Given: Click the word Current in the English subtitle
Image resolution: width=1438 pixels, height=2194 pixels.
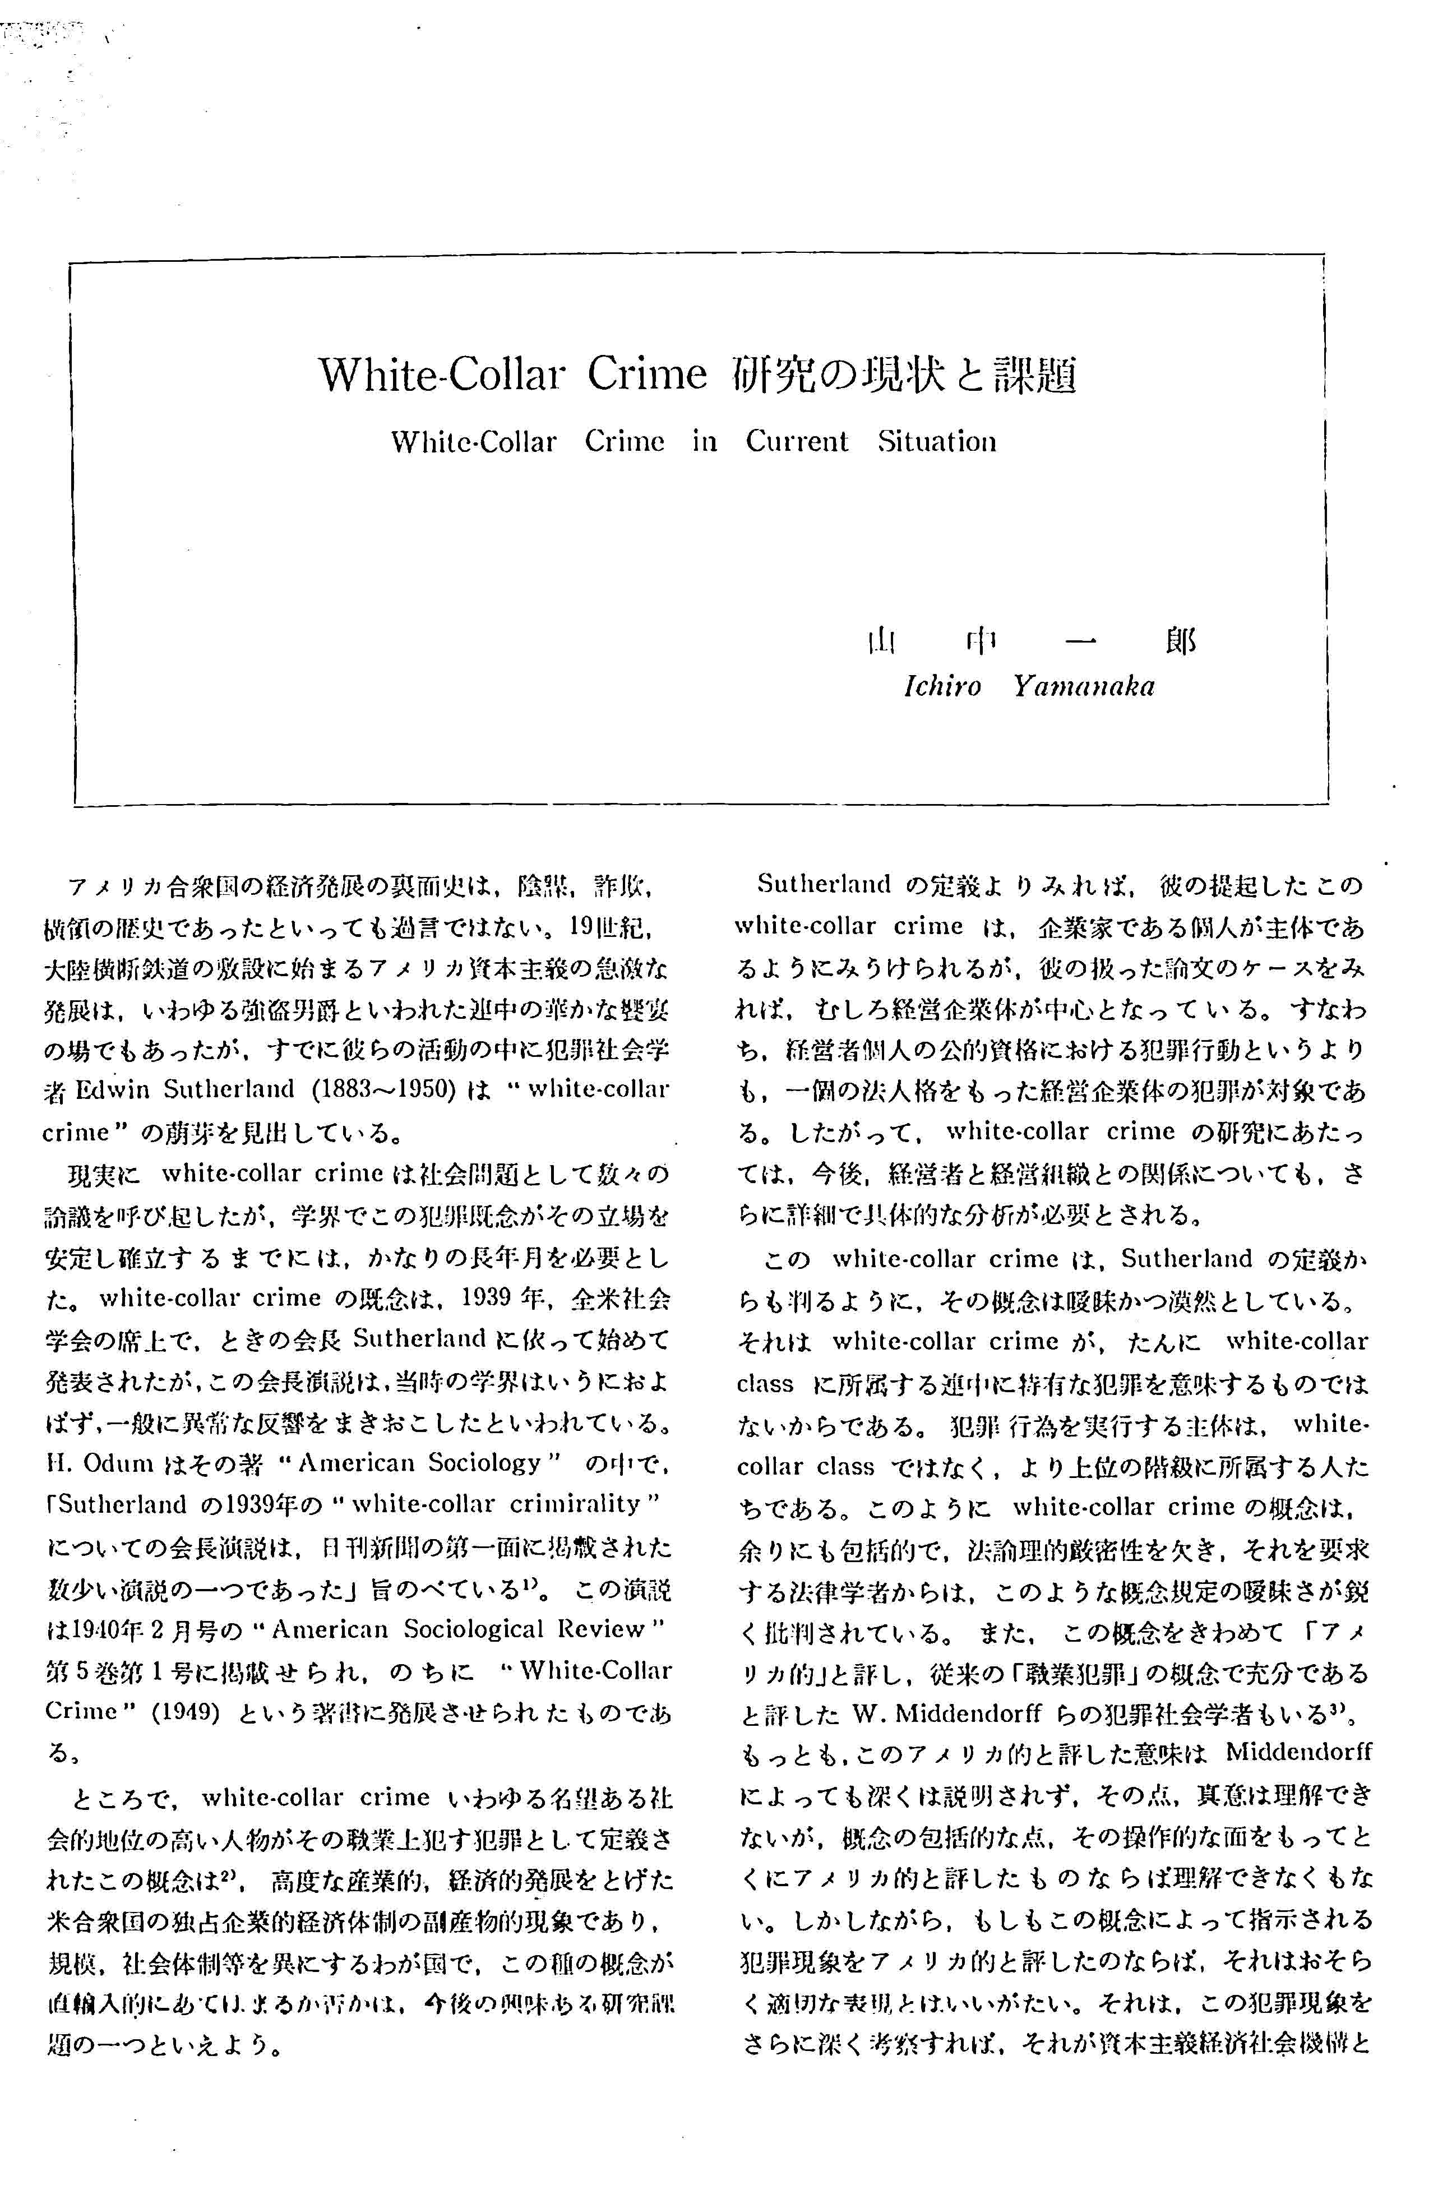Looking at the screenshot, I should pyautogui.click(x=797, y=442).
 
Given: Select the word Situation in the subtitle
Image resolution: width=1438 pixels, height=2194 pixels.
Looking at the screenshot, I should pyautogui.click(x=937, y=442).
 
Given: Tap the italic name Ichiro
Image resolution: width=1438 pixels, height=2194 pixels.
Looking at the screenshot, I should pyautogui.click(x=942, y=687).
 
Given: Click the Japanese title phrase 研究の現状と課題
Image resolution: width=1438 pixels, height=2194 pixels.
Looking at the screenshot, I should pyautogui.click(x=903, y=375).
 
